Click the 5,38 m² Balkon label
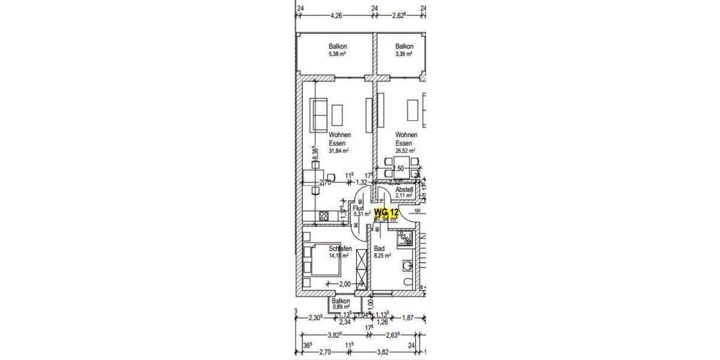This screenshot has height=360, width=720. tap(337, 50)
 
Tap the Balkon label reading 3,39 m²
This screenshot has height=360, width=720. tap(404, 50)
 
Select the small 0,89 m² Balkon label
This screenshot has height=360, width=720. tap(341, 304)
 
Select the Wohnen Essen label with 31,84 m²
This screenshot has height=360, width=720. tap(340, 143)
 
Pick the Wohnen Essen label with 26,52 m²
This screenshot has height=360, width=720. tap(406, 143)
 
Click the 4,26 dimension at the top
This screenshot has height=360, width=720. tap(336, 16)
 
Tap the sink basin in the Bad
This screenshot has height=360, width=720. tap(409, 264)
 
